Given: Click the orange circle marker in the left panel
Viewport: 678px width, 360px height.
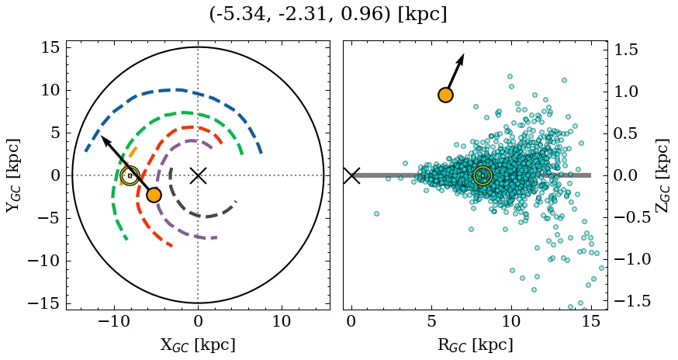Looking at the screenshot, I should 154,195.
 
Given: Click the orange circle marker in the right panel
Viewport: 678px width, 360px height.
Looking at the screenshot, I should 445,95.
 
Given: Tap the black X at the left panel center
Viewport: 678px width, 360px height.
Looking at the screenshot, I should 198,175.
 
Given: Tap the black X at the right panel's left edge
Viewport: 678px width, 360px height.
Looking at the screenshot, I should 351,175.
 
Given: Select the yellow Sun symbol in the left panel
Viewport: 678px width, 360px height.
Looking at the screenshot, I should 130,175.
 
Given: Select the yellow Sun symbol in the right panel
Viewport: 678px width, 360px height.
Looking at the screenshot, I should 483,176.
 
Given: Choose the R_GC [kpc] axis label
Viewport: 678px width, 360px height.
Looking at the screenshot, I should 475,344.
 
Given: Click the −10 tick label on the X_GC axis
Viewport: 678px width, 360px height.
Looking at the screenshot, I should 115,321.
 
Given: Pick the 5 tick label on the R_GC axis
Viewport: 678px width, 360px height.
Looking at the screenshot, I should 431,321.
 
